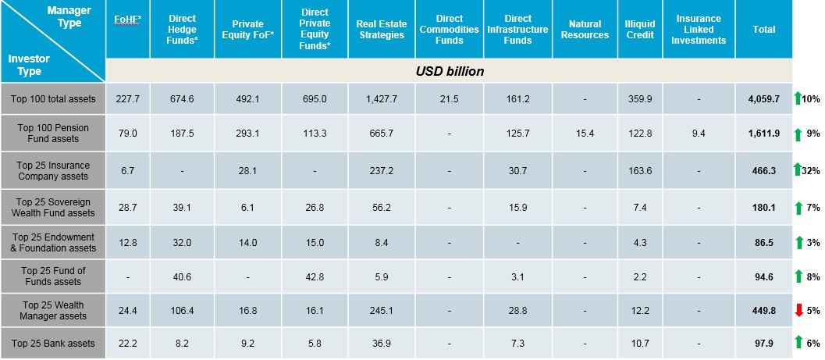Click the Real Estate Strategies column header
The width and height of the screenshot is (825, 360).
(x=382, y=29)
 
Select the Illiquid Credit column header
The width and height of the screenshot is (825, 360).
(x=640, y=29)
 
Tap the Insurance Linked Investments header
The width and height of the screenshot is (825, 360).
(x=699, y=29)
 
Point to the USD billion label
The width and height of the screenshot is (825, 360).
(x=450, y=71)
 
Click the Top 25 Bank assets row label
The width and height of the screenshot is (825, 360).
(x=53, y=344)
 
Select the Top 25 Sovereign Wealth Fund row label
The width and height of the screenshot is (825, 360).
(x=53, y=207)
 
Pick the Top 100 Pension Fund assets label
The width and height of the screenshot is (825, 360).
(x=53, y=134)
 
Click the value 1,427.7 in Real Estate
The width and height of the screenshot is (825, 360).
(x=382, y=98)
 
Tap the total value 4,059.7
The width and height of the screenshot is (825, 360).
(x=763, y=99)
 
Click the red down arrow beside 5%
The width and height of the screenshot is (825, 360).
(x=798, y=310)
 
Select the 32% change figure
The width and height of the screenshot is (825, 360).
(x=813, y=170)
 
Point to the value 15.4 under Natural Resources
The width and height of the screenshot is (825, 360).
(x=585, y=134)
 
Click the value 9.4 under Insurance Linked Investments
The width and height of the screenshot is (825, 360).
(x=699, y=134)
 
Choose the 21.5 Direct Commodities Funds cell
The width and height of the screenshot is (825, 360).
(x=450, y=98)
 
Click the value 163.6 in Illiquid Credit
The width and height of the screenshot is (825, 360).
(x=640, y=170)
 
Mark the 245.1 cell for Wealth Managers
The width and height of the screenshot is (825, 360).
(x=382, y=310)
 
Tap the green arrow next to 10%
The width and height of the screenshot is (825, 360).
(x=798, y=99)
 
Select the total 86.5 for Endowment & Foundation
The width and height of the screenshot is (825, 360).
(x=763, y=243)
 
